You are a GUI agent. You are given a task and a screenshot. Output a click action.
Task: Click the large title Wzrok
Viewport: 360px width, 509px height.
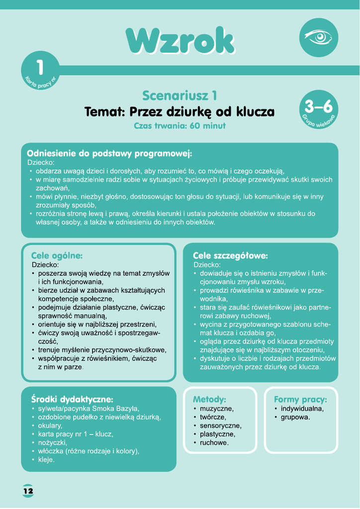click(x=180, y=41)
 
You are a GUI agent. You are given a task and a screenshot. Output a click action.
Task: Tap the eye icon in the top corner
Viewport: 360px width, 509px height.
click(x=318, y=37)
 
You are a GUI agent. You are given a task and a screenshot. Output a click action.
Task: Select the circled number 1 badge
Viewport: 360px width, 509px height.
click(x=40, y=70)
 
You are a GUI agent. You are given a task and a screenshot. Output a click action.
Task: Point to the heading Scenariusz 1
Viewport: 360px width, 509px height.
click(x=180, y=95)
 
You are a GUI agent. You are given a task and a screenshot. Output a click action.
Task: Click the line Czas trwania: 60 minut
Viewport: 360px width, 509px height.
click(x=180, y=126)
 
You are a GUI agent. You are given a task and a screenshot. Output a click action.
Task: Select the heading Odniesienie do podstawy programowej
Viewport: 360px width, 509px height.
click(x=109, y=153)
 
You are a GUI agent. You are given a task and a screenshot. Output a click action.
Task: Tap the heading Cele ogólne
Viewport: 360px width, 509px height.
click(x=57, y=255)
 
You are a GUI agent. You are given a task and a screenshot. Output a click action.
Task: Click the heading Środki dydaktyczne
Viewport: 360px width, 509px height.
click(x=72, y=399)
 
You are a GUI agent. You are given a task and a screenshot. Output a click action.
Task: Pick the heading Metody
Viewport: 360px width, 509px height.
click(x=209, y=399)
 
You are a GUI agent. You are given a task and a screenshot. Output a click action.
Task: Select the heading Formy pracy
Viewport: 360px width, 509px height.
click(x=300, y=399)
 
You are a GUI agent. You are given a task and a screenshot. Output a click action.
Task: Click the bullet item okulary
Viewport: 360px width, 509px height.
click(x=50, y=425)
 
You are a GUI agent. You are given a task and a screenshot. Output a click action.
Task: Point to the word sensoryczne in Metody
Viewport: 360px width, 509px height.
click(x=221, y=425)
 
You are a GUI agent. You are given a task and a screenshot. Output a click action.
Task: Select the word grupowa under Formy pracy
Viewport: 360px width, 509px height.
click(x=295, y=417)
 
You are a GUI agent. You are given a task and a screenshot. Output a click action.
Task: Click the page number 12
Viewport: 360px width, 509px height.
click(x=28, y=491)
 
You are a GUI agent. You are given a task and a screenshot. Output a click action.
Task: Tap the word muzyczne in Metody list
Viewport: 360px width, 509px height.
click(x=216, y=409)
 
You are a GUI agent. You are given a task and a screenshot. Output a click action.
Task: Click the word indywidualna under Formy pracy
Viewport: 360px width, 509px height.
click(x=302, y=409)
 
